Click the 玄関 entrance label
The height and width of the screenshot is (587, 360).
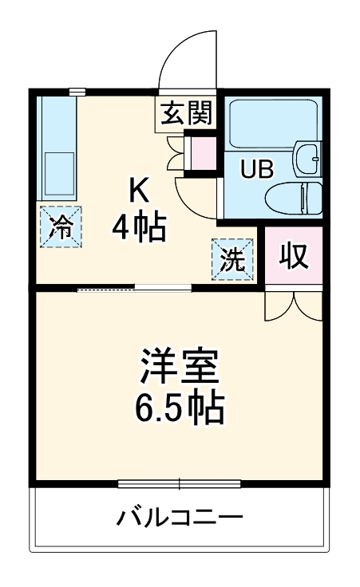[x=188, y=113]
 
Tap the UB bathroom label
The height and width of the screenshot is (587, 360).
[x=256, y=169]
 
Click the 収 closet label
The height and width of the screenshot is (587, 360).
[x=293, y=255]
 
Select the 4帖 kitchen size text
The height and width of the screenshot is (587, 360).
[x=139, y=229]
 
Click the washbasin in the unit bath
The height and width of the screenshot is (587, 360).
[x=307, y=160]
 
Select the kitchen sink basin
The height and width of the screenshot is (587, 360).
[x=56, y=169]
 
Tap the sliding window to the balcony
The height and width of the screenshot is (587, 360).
[x=179, y=483]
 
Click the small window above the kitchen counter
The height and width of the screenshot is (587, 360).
[x=77, y=92]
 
